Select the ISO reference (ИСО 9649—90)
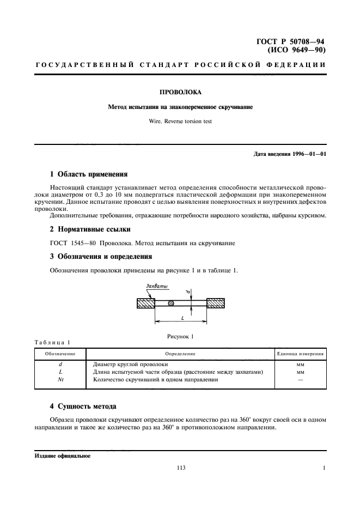click(x=297, y=50)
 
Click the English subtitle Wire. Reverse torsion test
click(x=180, y=122)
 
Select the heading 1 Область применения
click(x=88, y=174)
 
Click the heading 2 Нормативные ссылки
click(x=90, y=229)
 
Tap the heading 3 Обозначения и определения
click(x=101, y=256)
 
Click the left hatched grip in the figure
click(x=145, y=303)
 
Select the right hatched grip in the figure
click(x=216, y=303)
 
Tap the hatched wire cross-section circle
click(x=171, y=303)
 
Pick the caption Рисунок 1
click(x=180, y=336)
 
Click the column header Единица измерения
click(x=301, y=354)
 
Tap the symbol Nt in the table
click(x=60, y=379)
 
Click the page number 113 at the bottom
click(x=180, y=467)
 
